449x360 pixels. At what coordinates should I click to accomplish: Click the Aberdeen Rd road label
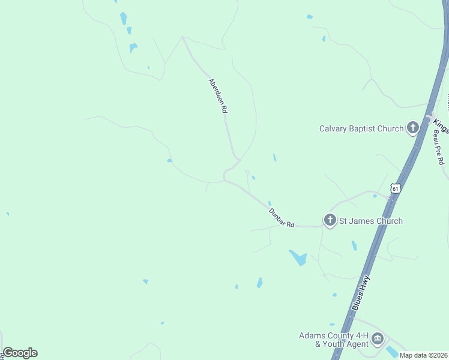[218, 96]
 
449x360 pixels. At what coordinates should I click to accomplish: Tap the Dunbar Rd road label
[282, 217]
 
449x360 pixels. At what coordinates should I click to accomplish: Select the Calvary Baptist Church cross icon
[412, 128]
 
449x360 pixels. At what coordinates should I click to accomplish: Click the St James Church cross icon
[330, 221]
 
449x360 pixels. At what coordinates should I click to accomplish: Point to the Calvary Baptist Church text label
[361, 128]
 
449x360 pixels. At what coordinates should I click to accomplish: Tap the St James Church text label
[371, 221]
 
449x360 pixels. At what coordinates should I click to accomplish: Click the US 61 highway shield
[394, 188]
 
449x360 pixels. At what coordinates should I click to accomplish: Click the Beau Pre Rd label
[439, 149]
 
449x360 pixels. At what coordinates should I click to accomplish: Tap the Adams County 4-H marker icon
[378, 340]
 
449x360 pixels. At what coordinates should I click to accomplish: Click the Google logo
[20, 353]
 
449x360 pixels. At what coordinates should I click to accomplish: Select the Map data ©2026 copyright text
[423, 355]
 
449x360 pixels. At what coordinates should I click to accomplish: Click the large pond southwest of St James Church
[298, 258]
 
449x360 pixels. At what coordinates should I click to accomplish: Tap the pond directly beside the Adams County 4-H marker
[392, 351]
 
